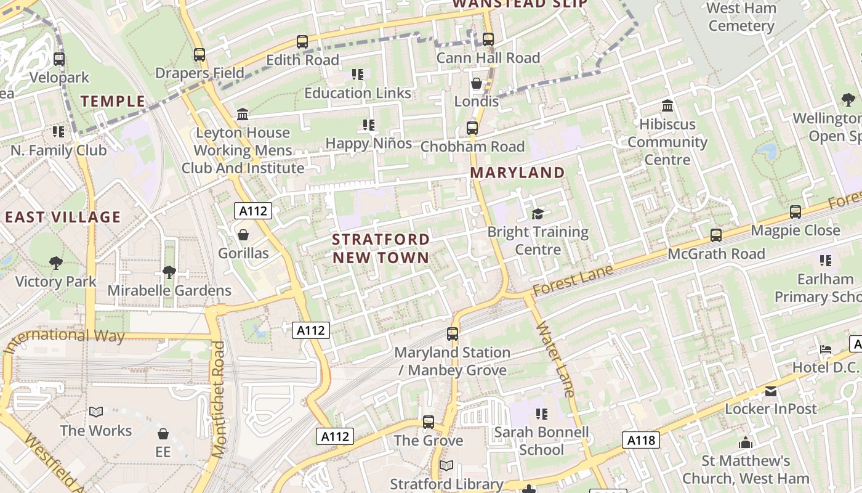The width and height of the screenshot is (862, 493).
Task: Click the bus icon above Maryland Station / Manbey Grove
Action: click(453, 334)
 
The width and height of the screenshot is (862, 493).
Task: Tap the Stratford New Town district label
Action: click(381, 248)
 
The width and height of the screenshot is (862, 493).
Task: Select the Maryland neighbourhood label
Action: click(517, 173)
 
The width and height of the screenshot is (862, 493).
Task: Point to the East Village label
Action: click(63, 217)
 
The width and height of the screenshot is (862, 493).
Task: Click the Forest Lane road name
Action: click(573, 280)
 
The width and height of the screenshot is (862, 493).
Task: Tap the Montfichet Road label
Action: click(218, 399)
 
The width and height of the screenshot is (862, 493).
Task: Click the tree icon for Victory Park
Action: click(56, 263)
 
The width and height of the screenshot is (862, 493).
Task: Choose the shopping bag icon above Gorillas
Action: click(243, 235)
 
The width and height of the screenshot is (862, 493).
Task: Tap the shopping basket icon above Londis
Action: click(477, 83)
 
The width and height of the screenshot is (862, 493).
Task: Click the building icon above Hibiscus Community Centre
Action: click(667, 106)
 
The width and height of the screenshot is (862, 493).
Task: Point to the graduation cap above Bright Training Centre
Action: click(538, 214)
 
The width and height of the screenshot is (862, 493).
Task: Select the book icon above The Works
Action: click(95, 412)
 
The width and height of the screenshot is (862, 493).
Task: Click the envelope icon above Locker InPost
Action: click(770, 391)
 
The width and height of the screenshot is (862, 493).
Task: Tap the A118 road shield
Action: click(641, 440)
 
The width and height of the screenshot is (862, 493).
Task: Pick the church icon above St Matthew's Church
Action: click(746, 442)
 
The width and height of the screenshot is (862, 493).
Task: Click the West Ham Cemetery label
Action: click(741, 17)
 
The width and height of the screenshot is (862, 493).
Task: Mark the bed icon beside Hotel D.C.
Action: click(826, 349)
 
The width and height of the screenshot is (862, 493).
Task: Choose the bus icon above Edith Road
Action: click(302, 42)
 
